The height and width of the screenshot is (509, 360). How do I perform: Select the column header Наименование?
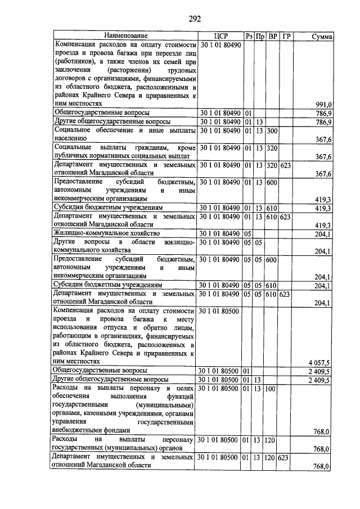[x=124, y=37]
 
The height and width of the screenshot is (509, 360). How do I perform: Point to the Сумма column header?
[x=322, y=37]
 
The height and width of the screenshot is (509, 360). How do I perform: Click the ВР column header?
[x=272, y=37]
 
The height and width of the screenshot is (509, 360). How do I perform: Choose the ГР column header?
[x=286, y=37]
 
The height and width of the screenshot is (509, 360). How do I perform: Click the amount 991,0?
[x=323, y=104]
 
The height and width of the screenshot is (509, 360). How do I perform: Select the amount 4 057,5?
[x=320, y=362]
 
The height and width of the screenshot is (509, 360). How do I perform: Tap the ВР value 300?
[x=272, y=130]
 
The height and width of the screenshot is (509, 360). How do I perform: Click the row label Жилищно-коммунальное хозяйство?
[x=107, y=233]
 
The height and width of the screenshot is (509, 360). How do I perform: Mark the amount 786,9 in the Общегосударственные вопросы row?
[x=323, y=112]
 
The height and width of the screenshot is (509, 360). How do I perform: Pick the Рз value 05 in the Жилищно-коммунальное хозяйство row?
[x=247, y=233]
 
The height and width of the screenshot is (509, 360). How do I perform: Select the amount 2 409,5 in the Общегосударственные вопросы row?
[x=320, y=371]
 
